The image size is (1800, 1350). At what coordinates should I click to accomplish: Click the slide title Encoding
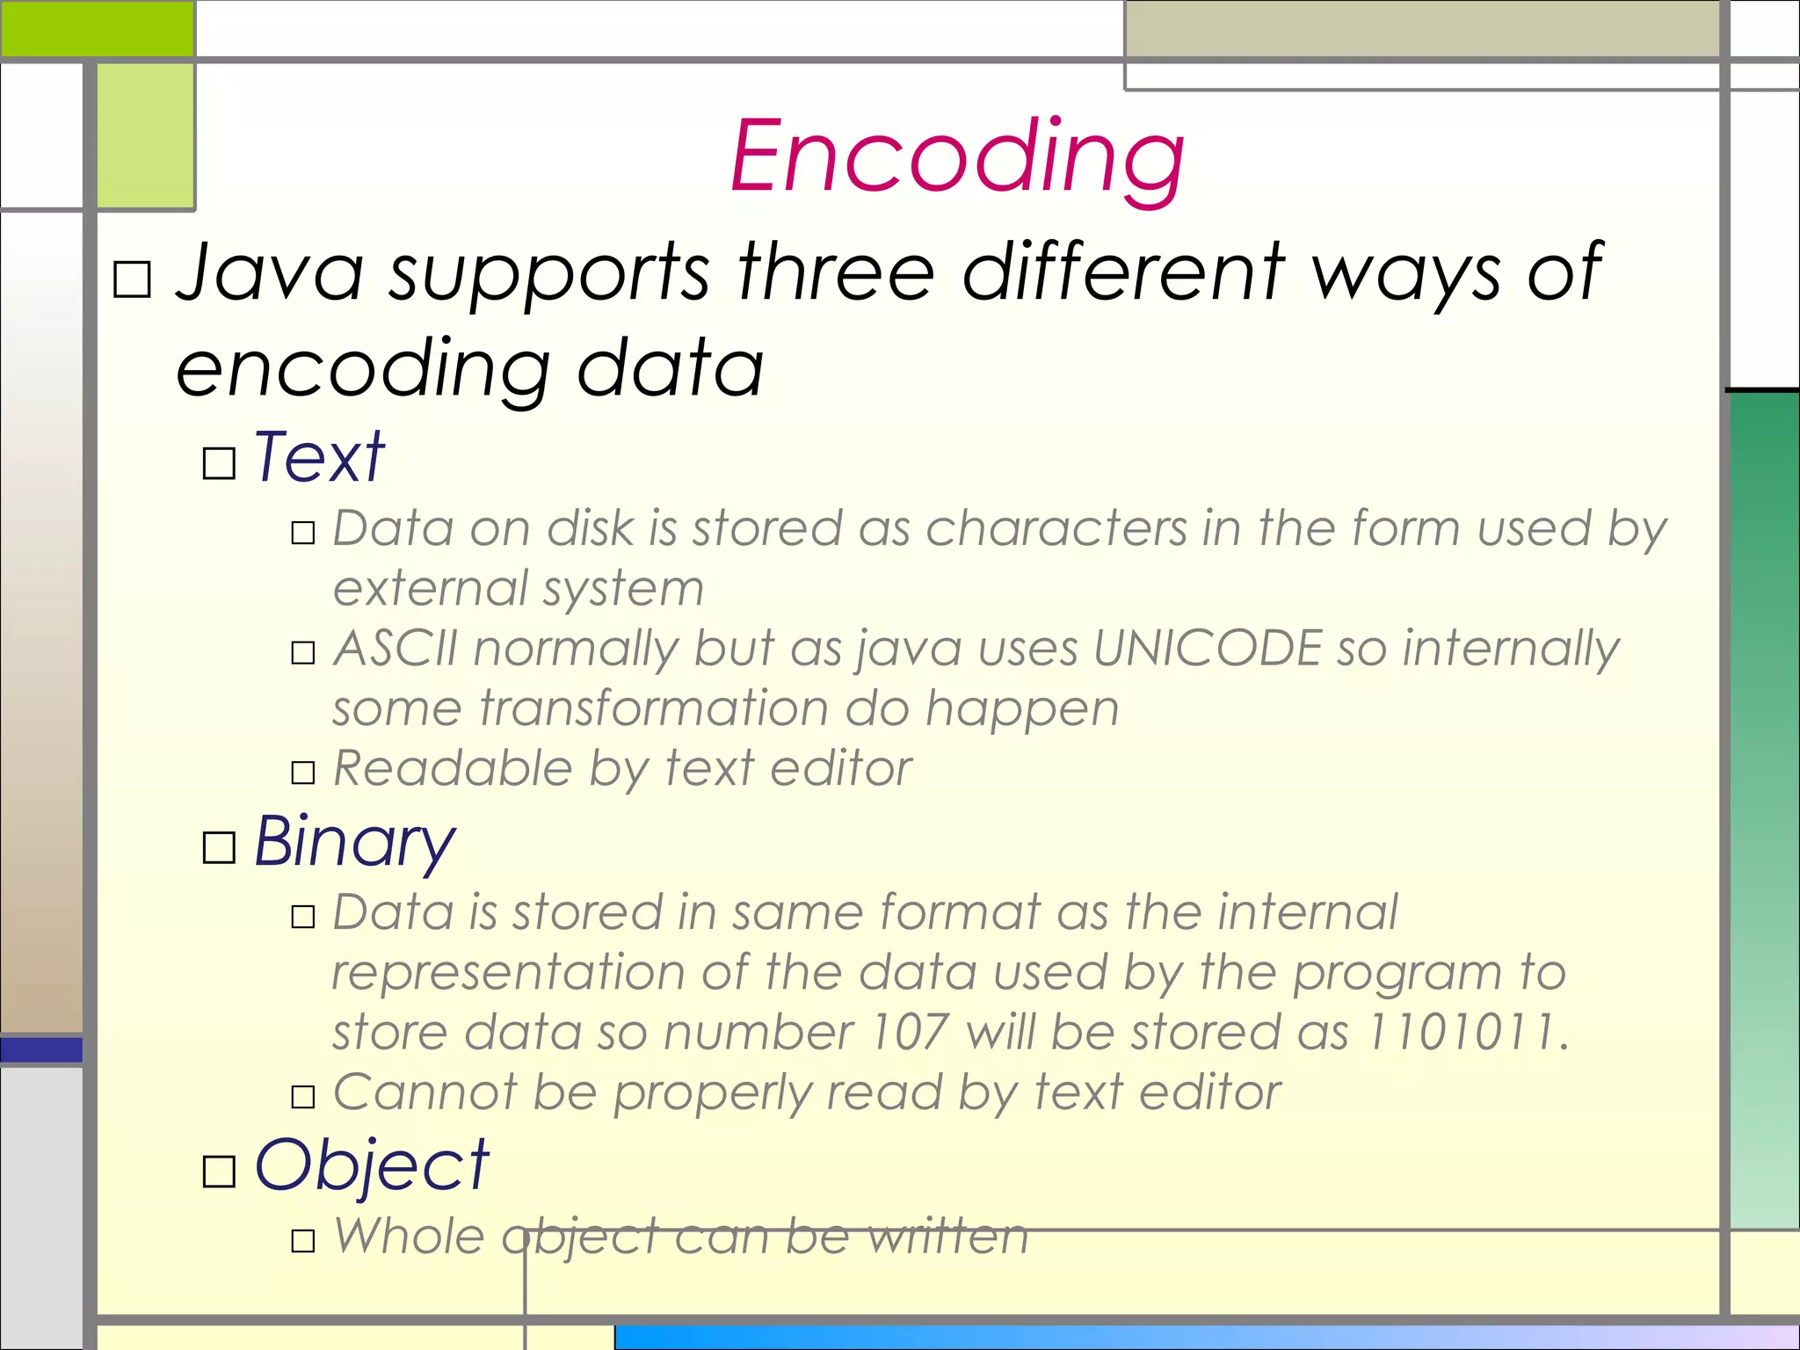957,158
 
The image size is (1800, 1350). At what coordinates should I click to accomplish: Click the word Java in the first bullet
269,272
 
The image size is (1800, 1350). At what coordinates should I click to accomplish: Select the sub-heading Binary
354,842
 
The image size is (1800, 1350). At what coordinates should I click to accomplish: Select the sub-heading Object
371,1166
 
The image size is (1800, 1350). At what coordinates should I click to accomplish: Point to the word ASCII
396,649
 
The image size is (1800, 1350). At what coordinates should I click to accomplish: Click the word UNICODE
1208,649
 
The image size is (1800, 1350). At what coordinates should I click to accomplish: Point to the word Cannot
425,1092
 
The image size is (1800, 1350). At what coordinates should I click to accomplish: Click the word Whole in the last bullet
409,1237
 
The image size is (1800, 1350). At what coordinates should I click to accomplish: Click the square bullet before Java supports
133,280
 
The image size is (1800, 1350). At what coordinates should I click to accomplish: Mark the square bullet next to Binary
219,848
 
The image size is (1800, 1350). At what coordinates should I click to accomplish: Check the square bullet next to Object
219,1172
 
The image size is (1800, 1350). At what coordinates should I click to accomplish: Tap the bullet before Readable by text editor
303,773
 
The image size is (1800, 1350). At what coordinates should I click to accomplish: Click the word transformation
653,708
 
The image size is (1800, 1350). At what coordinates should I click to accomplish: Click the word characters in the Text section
1056,529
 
